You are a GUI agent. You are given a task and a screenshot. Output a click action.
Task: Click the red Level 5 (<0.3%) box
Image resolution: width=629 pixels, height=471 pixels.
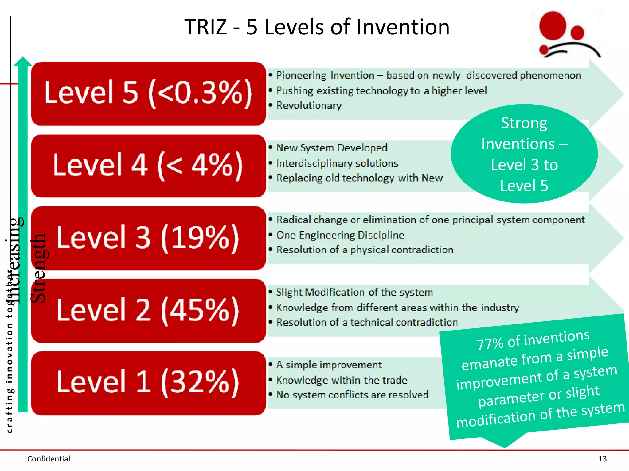148,94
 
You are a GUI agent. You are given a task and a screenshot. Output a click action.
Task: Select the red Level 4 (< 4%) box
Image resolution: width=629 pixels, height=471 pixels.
148,166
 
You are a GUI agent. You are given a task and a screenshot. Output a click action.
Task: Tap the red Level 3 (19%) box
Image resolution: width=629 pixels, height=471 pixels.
148,238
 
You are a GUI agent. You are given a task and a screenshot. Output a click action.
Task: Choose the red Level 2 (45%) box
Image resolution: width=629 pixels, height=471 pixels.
148,310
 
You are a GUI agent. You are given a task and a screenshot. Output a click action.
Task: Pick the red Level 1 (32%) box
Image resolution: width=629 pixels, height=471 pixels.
148,383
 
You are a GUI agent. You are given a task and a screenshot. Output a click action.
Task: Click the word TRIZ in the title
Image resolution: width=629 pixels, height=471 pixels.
205,27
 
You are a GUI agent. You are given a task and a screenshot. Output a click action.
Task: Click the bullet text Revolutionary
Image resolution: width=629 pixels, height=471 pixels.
309,105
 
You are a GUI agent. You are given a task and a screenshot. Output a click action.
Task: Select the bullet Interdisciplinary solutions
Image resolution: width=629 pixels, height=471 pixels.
337,163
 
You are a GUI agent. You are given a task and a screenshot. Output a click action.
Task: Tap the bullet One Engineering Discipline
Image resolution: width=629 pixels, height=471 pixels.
340,235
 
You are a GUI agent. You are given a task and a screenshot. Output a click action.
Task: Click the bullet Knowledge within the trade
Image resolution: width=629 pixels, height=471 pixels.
341,380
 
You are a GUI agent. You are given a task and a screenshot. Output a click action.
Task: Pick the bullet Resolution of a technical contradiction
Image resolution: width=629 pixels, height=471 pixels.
367,323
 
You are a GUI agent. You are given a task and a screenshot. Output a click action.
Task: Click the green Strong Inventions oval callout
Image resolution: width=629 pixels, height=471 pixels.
524,154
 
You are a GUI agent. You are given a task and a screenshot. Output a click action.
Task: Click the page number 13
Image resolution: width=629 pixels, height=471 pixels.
602,459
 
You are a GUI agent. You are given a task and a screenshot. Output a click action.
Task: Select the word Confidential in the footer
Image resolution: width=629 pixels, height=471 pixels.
49,459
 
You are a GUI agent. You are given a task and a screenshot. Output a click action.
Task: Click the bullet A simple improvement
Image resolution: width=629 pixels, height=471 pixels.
329,365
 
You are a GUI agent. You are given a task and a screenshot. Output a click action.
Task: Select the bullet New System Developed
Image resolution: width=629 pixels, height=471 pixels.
331,148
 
